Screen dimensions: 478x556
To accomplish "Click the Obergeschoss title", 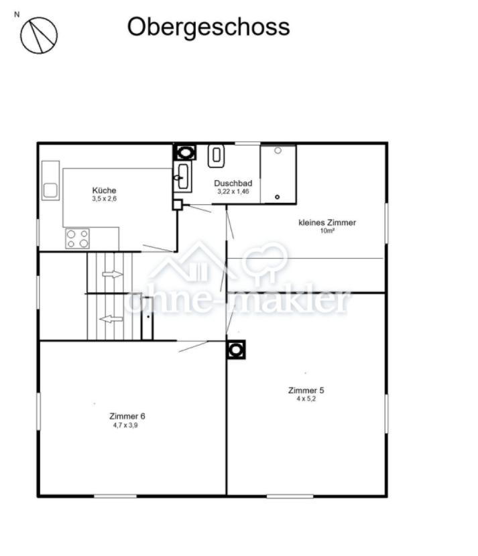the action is (208, 27).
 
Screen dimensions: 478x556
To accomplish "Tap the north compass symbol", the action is (39, 36).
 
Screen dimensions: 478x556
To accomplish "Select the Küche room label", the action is (104, 190).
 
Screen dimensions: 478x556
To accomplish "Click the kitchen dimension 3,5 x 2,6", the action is (104, 198).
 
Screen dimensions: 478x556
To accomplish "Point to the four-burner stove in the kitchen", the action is (77, 238).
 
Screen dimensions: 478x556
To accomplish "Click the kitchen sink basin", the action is (50, 191).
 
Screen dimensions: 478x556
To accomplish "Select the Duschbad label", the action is (233, 184).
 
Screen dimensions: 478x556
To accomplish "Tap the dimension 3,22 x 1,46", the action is (233, 192).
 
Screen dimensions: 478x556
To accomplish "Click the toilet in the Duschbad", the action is (216, 155).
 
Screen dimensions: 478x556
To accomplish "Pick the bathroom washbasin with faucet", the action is (182, 177).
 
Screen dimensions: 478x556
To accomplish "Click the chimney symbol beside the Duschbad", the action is (184, 153).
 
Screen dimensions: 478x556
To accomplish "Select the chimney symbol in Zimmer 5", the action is (235, 350).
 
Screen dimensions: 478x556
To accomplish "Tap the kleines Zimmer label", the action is (327, 222).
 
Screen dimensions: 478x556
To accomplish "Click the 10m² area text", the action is (327, 231).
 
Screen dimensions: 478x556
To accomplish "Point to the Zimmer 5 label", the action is (306, 391).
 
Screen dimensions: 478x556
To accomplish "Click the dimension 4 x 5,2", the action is (306, 399).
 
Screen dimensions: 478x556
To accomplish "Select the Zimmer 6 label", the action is (127, 416).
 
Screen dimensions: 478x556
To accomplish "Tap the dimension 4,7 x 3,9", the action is (125, 425).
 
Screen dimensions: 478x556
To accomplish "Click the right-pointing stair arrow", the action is (113, 274).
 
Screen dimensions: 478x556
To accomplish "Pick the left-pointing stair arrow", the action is (111, 319).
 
